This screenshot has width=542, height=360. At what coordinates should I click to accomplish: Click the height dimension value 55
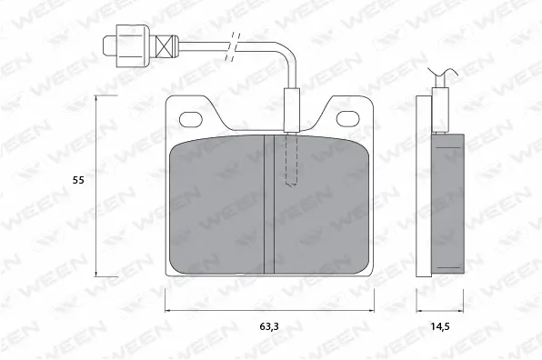(x=78, y=181)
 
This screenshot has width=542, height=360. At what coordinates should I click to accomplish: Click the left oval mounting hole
(x=193, y=118)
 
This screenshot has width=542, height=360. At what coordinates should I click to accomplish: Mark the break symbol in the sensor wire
(x=236, y=43)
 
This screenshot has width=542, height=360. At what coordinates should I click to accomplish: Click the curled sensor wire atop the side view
(x=439, y=77)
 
